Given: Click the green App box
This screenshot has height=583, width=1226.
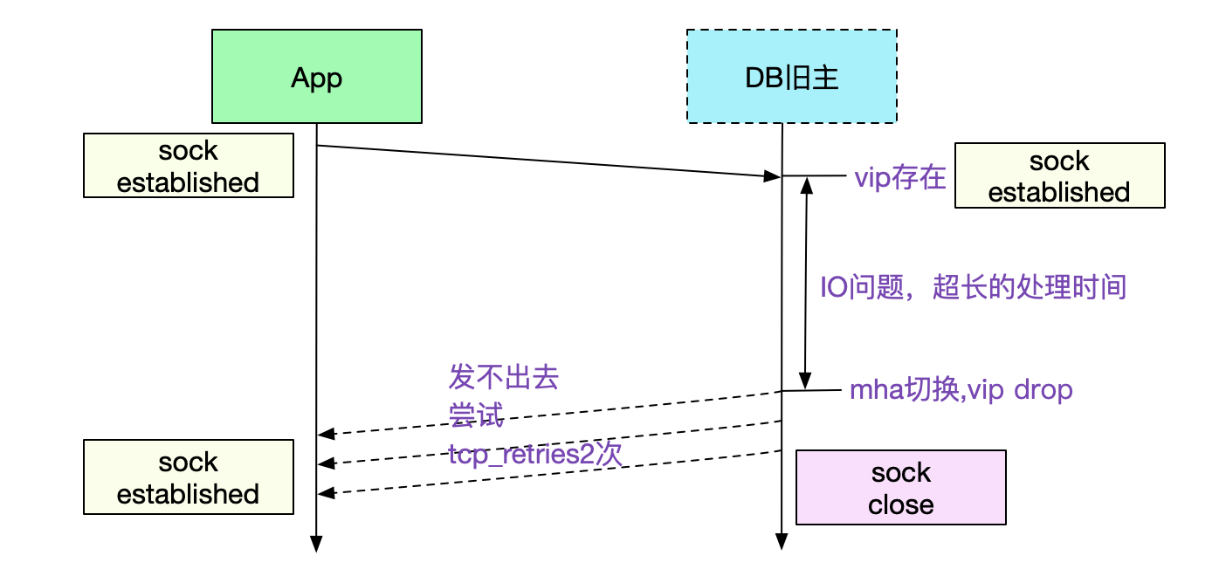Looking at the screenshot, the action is pos(317,76).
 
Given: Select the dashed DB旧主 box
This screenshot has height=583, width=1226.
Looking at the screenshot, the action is pos(791,76).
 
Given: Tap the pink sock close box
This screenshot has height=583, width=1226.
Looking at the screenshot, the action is pos(901,487).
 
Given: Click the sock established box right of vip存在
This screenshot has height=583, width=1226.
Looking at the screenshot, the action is pos(1059,175).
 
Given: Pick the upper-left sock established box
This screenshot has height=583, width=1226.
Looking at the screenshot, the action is pos(189,165).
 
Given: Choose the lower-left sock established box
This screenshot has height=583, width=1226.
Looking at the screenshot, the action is pos(189,477).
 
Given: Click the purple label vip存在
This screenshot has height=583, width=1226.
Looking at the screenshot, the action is pos(899,177).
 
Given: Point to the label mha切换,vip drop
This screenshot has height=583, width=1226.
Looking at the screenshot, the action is pos(961,390).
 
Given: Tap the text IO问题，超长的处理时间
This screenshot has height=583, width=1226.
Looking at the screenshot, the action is pos(973,287).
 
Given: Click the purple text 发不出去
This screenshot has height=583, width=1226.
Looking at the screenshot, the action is pos(504,377).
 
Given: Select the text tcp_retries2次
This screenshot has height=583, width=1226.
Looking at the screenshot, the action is pos(535,454).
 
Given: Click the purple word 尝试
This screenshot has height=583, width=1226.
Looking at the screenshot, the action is pos(476,415).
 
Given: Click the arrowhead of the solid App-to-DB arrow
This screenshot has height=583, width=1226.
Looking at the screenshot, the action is pos(772,176).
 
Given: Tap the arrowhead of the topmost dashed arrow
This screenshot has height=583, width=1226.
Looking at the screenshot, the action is pos(327,435).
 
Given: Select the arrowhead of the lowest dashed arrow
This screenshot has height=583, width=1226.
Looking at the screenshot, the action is pos(327,493).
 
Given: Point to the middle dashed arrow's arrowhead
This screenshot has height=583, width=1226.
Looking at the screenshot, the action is pos(327,463).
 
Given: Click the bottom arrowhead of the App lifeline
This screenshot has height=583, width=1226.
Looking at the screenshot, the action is pos(316,545).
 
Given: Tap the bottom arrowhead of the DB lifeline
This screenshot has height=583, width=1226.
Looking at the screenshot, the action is pos(782,541).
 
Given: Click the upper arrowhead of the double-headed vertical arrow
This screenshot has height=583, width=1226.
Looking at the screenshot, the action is pos(806,186).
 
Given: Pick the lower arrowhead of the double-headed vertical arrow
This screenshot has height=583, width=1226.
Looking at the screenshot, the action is pos(804,381).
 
